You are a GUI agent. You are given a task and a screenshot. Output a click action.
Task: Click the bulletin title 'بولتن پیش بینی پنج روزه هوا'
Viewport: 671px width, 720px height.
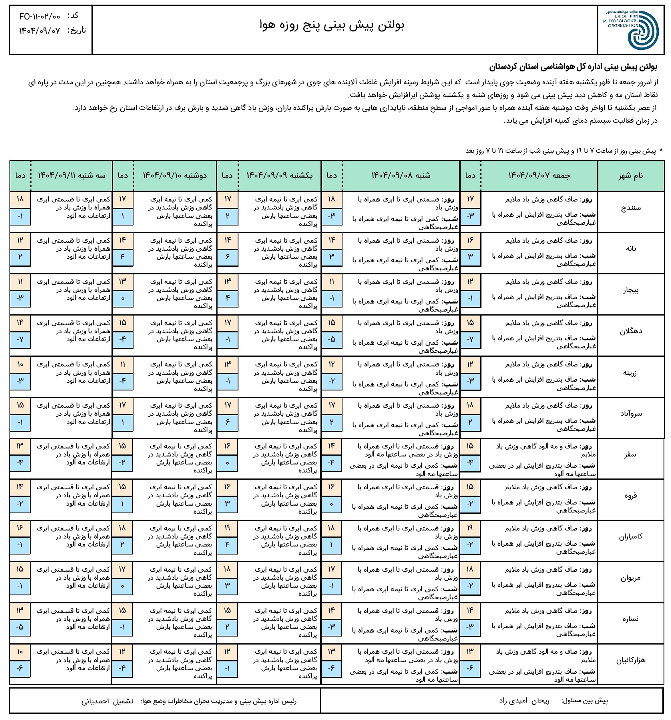point(331,24)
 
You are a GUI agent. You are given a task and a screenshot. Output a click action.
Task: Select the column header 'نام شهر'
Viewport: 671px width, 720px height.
point(630,175)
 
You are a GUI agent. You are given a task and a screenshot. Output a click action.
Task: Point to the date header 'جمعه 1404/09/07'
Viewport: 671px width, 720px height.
point(539,175)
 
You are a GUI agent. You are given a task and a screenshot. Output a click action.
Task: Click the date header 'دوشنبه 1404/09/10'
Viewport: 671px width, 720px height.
point(175,175)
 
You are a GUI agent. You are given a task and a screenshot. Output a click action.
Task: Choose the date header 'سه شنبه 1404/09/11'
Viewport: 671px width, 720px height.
point(71,175)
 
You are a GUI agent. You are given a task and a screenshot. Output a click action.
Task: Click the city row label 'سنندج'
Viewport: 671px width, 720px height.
point(630,208)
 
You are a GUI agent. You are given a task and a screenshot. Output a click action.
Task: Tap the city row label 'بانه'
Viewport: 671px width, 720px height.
point(630,249)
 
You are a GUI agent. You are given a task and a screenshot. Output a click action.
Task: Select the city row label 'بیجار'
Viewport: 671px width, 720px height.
point(630,290)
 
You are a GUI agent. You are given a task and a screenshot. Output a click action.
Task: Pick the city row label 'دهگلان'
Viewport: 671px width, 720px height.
point(630,331)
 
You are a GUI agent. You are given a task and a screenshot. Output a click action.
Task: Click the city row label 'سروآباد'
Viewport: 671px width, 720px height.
point(630,414)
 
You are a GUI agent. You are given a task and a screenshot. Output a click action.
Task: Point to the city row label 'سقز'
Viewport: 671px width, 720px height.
point(630,455)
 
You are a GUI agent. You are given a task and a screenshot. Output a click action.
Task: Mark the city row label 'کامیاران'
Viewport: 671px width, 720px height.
point(630,537)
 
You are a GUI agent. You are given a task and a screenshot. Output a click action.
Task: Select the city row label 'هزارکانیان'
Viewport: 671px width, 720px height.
point(630,660)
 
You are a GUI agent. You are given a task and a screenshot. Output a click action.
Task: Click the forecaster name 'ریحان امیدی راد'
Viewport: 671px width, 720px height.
point(524,701)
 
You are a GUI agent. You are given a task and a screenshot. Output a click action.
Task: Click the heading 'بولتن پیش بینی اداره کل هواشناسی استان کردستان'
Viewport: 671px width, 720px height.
point(573,67)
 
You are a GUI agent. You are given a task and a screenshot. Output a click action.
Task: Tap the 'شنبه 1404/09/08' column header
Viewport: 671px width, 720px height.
point(400,175)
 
